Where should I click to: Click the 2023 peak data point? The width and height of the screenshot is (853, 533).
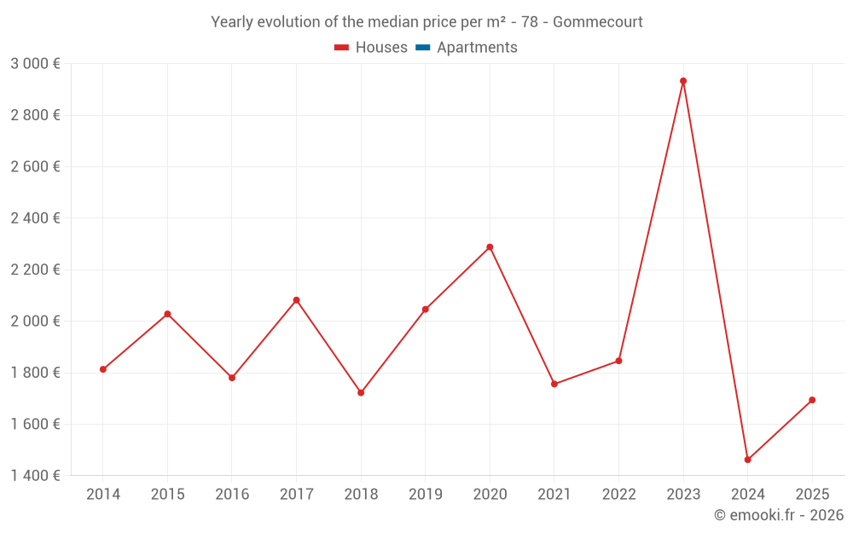683,81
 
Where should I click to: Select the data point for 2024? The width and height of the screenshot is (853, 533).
747,460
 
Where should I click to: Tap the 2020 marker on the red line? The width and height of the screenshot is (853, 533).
490,247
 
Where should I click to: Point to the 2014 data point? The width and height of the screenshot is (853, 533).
102,369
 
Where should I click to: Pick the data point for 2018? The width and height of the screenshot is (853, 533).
361,392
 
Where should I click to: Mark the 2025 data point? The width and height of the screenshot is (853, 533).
812,400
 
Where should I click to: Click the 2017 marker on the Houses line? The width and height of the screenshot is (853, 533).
296,300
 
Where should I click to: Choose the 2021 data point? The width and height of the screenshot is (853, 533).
554,384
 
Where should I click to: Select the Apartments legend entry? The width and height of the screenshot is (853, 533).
477,48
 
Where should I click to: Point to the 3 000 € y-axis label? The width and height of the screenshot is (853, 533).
35,64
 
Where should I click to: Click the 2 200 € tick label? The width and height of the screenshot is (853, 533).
35,269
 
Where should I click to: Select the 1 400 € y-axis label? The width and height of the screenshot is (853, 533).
35,476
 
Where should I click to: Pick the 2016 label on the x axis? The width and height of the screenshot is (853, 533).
232,495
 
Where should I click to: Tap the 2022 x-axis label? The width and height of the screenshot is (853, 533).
618,495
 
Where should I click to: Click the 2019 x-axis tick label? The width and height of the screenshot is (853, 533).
426,495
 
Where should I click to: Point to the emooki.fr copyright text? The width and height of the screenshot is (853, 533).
778,515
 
